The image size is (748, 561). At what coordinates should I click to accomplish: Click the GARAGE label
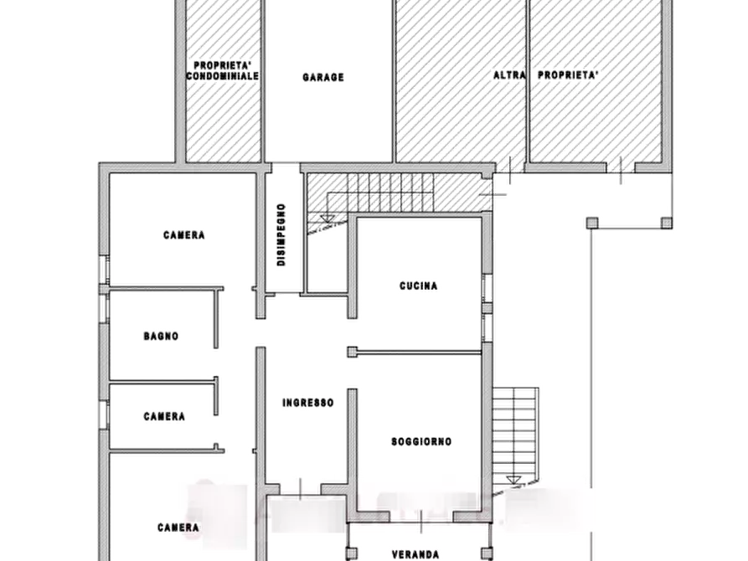[x=323, y=77]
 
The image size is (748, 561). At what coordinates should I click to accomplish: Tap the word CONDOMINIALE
[x=223, y=76]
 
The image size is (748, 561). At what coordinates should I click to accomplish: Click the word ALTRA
[x=509, y=75]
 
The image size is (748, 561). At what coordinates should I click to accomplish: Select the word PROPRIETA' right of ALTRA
[x=568, y=75]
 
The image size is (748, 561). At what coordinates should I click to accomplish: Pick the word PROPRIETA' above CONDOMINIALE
[x=223, y=65]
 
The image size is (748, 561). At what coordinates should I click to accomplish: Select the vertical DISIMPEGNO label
[x=281, y=234]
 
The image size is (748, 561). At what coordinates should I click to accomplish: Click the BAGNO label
[x=161, y=337]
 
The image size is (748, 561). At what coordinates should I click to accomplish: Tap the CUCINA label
[x=418, y=286]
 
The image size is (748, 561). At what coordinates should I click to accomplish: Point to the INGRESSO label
[x=308, y=403]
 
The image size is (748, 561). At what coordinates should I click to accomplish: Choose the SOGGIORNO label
[x=421, y=442]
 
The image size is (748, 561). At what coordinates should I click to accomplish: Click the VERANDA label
[x=415, y=555]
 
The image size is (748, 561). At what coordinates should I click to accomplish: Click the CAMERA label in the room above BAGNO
[x=184, y=235]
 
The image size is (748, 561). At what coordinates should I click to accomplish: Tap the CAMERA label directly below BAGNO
[x=164, y=416]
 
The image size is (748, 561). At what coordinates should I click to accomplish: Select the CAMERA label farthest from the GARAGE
[x=178, y=528]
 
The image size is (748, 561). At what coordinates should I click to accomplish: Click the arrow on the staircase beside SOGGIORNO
[x=513, y=480]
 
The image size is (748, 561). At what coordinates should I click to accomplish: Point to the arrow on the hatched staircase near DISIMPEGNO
[x=328, y=219]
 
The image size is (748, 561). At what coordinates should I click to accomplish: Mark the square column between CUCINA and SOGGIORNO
[x=352, y=352]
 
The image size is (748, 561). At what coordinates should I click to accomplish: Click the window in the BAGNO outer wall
[x=105, y=307]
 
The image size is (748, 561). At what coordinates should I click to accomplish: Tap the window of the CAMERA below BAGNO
[x=105, y=414]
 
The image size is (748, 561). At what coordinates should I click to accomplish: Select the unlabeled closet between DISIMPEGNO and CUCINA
[x=327, y=258]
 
